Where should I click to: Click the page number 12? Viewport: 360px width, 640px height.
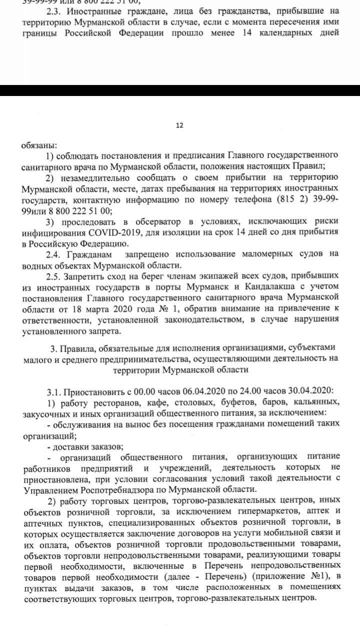179,125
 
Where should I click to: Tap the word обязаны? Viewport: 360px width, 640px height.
38,146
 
